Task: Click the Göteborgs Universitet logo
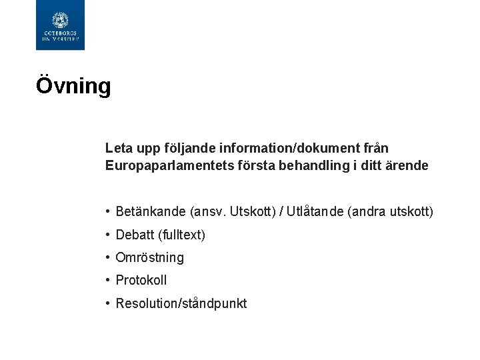[60, 25]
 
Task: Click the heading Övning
[73, 86]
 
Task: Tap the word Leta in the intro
[117, 147]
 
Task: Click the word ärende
[407, 165]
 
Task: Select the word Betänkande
[151, 212]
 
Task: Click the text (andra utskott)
[391, 212]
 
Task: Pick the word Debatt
[135, 235]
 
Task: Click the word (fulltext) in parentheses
[182, 235]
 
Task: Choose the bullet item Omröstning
[149, 257]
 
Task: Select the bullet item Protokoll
[141, 280]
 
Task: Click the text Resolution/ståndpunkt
[181, 303]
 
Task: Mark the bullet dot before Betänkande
[107, 212]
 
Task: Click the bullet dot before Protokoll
[107, 280]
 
